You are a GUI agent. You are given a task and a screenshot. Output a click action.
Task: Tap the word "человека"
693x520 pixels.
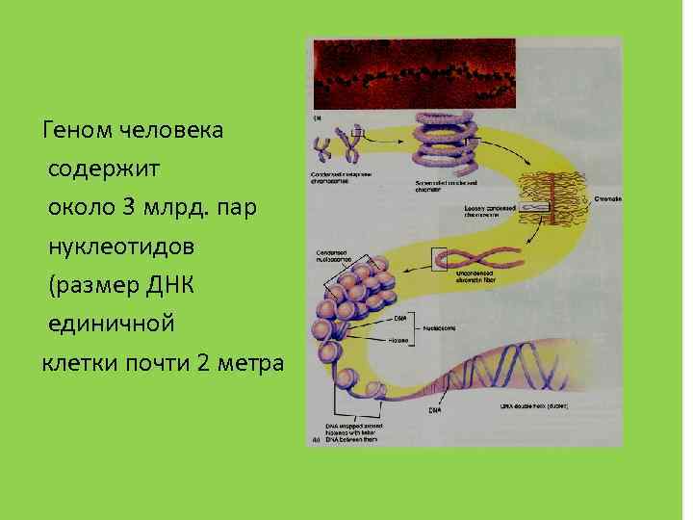(173, 130)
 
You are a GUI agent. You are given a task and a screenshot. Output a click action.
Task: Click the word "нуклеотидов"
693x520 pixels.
(122, 247)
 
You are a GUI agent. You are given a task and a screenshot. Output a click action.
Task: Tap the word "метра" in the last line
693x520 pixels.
(252, 363)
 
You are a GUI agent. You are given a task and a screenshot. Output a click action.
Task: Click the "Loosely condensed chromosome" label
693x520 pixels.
(490, 211)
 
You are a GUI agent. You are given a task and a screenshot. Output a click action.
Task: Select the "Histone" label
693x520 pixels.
(399, 341)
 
